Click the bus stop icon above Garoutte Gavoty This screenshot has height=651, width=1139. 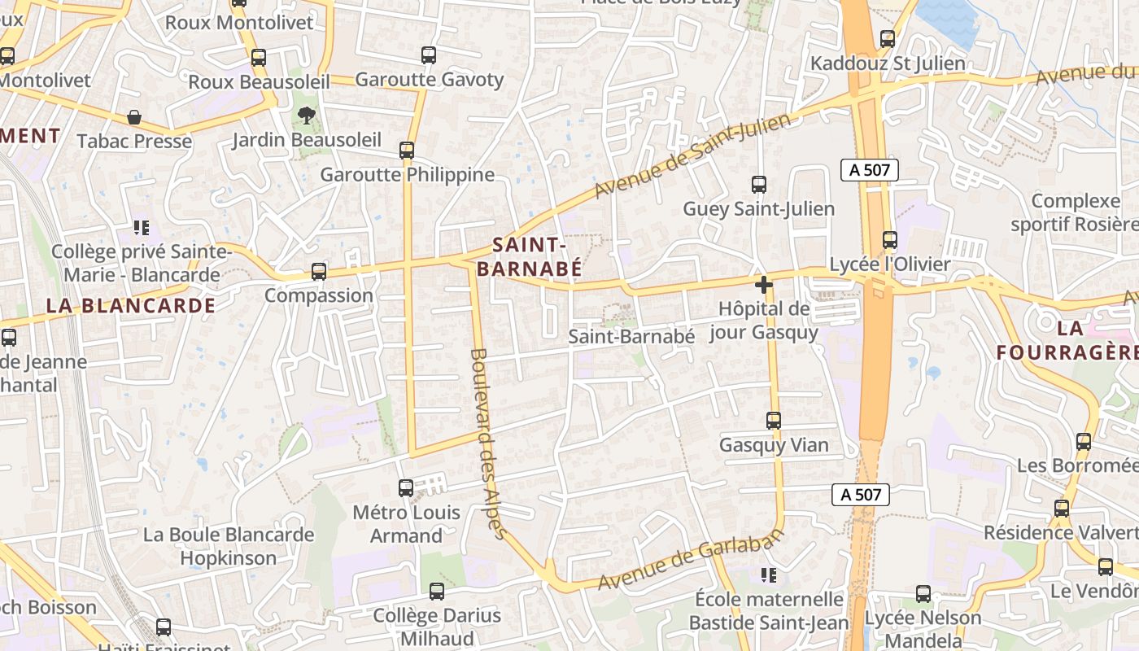pyautogui.click(x=429, y=55)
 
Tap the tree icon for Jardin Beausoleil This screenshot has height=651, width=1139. pyautogui.click(x=307, y=116)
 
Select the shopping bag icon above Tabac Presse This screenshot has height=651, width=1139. pyautogui.click(x=134, y=117)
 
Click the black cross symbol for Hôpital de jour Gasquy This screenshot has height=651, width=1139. pyautogui.click(x=763, y=285)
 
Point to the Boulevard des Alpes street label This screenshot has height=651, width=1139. pyautogui.click(x=488, y=443)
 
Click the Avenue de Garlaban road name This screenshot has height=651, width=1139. pyautogui.click(x=691, y=559)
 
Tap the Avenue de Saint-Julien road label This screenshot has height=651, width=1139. pyautogui.click(x=692, y=156)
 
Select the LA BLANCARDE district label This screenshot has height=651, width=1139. pyautogui.click(x=130, y=306)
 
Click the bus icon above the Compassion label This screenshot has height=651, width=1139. pyautogui.click(x=319, y=272)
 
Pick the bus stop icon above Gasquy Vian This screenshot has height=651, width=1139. pyautogui.click(x=774, y=421)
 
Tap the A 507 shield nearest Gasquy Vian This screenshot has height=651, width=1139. pyautogui.click(x=861, y=494)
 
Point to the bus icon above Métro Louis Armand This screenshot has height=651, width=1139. pyautogui.click(x=406, y=488)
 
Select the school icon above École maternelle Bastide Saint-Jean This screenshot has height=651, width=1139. pyautogui.click(x=769, y=576)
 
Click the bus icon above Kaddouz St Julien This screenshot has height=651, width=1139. pyautogui.click(x=888, y=38)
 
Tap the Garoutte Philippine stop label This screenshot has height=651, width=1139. pyautogui.click(x=407, y=175)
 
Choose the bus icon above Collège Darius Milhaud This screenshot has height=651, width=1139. pyautogui.click(x=437, y=592)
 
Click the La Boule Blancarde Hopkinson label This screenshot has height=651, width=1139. pyautogui.click(x=229, y=546)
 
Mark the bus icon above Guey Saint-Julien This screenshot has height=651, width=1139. pyautogui.click(x=759, y=185)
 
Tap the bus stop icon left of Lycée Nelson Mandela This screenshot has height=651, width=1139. pyautogui.click(x=923, y=594)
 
